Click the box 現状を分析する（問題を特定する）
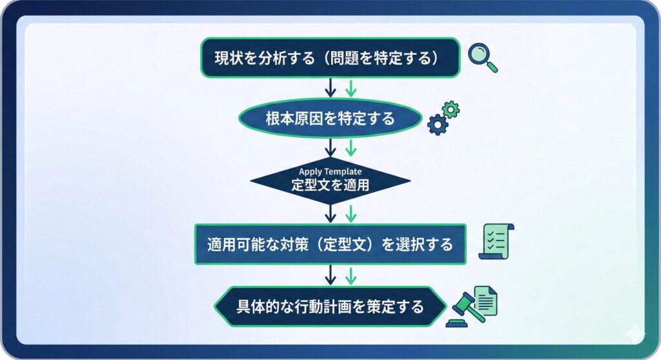point(330,57)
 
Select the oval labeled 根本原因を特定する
point(330,119)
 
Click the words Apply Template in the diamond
point(330,172)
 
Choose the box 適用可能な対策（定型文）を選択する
point(330,245)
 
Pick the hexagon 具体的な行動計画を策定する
point(330,306)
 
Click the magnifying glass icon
point(482,57)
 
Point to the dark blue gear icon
point(438,124)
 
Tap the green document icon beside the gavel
point(486,299)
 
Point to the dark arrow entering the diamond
point(330,147)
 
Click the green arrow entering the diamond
point(350,147)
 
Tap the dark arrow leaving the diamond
point(330,213)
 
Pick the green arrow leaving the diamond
point(350,213)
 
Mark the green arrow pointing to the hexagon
point(350,275)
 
